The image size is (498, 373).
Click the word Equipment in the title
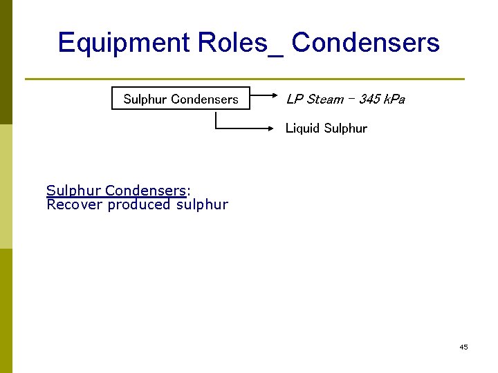click(x=124, y=43)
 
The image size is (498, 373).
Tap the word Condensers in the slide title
click(x=365, y=43)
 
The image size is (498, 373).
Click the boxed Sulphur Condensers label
click(x=181, y=99)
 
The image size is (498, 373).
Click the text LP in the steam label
click(x=293, y=99)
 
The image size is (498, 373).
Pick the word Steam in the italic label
click(x=324, y=99)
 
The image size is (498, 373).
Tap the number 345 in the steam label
click(x=369, y=99)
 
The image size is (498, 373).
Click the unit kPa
click(x=394, y=99)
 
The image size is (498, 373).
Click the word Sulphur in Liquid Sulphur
click(x=346, y=128)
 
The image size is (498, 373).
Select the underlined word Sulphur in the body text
click(x=73, y=191)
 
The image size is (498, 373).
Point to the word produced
click(x=139, y=204)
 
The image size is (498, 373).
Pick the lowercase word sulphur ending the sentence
click(x=202, y=204)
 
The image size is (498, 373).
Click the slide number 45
click(x=463, y=347)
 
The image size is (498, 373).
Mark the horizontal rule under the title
click(x=245, y=79)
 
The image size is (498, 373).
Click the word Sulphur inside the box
click(x=146, y=99)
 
